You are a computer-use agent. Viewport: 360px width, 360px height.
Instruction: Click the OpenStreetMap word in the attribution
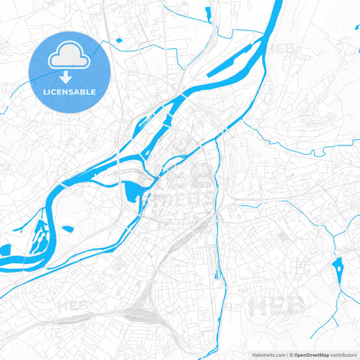coord(311,355)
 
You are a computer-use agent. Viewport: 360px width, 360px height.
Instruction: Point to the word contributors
coord(343,355)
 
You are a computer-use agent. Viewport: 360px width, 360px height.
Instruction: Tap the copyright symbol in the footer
coord(290,355)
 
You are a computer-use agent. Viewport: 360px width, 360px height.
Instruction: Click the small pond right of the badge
coord(120,41)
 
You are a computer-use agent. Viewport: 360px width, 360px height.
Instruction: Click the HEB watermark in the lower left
coord(74,307)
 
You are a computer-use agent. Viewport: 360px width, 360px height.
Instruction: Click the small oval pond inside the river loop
coord(68,229)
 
